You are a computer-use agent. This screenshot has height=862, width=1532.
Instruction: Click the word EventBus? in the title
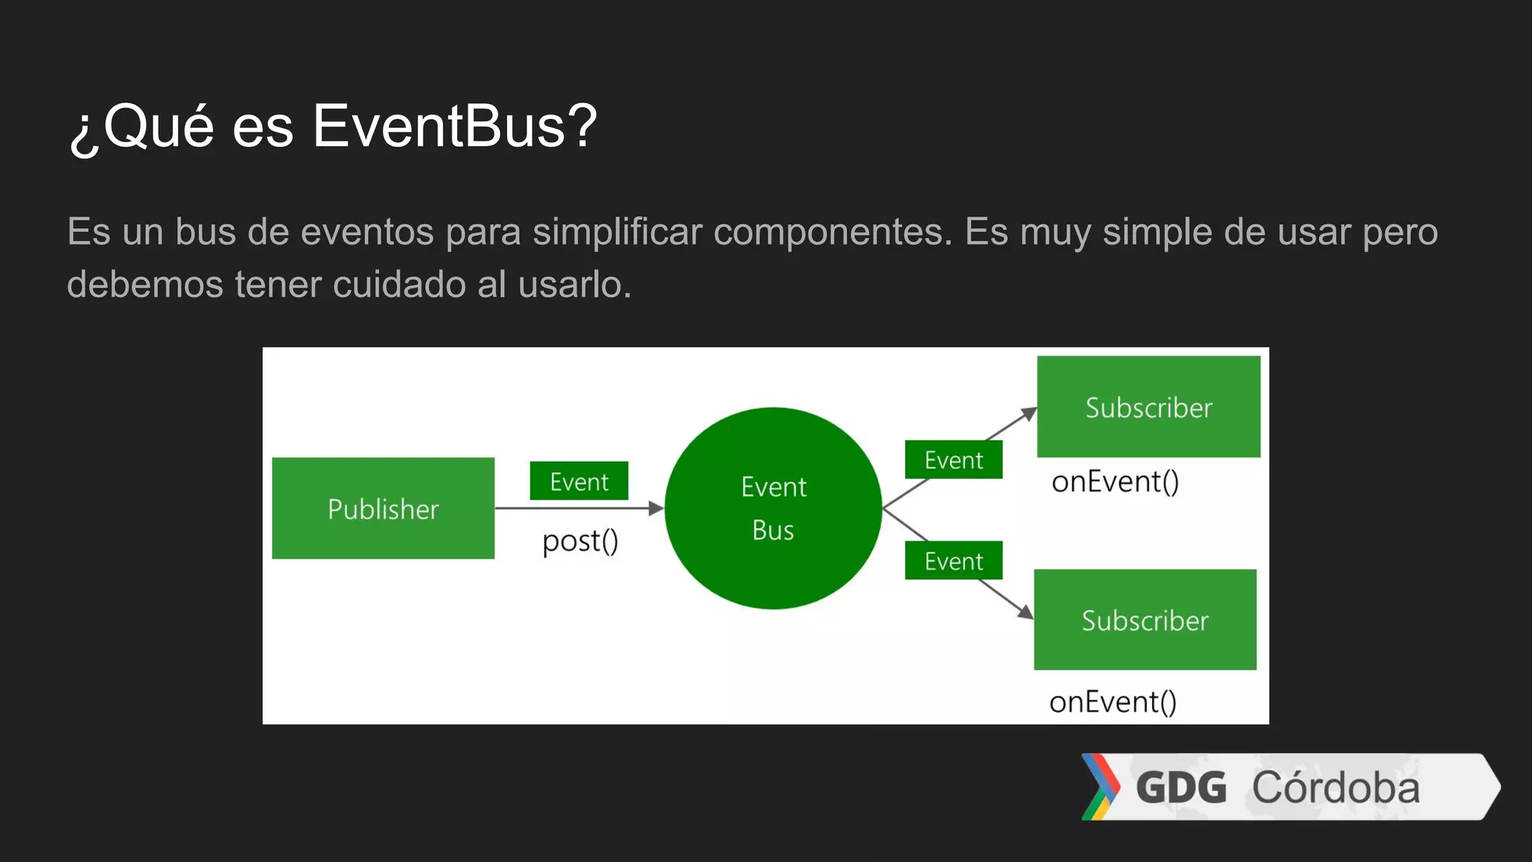tap(454, 126)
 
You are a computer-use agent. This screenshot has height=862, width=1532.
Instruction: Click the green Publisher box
tap(383, 509)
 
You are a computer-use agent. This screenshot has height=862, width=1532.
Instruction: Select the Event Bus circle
tap(773, 508)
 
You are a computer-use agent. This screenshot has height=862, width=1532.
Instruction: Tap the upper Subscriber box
tap(1148, 407)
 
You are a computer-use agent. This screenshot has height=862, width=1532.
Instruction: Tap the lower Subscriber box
tap(1145, 620)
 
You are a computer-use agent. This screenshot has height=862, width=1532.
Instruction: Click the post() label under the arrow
tap(580, 541)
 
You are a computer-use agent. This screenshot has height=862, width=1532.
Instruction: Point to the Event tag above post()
tap(579, 481)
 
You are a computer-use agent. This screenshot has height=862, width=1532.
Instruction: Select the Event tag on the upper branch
tap(953, 459)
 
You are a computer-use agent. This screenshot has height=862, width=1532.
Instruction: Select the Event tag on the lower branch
tap(953, 560)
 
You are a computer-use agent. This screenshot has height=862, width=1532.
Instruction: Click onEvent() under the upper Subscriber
tap(1115, 482)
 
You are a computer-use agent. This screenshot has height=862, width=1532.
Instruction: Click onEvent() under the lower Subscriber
tap(1112, 702)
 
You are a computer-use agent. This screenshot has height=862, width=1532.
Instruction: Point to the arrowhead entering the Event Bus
tap(656, 509)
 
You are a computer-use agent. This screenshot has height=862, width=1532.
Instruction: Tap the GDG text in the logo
tap(1181, 788)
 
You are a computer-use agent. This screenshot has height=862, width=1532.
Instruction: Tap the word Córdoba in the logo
tap(1336, 788)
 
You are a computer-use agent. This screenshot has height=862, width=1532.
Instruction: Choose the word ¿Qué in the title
tap(142, 126)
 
